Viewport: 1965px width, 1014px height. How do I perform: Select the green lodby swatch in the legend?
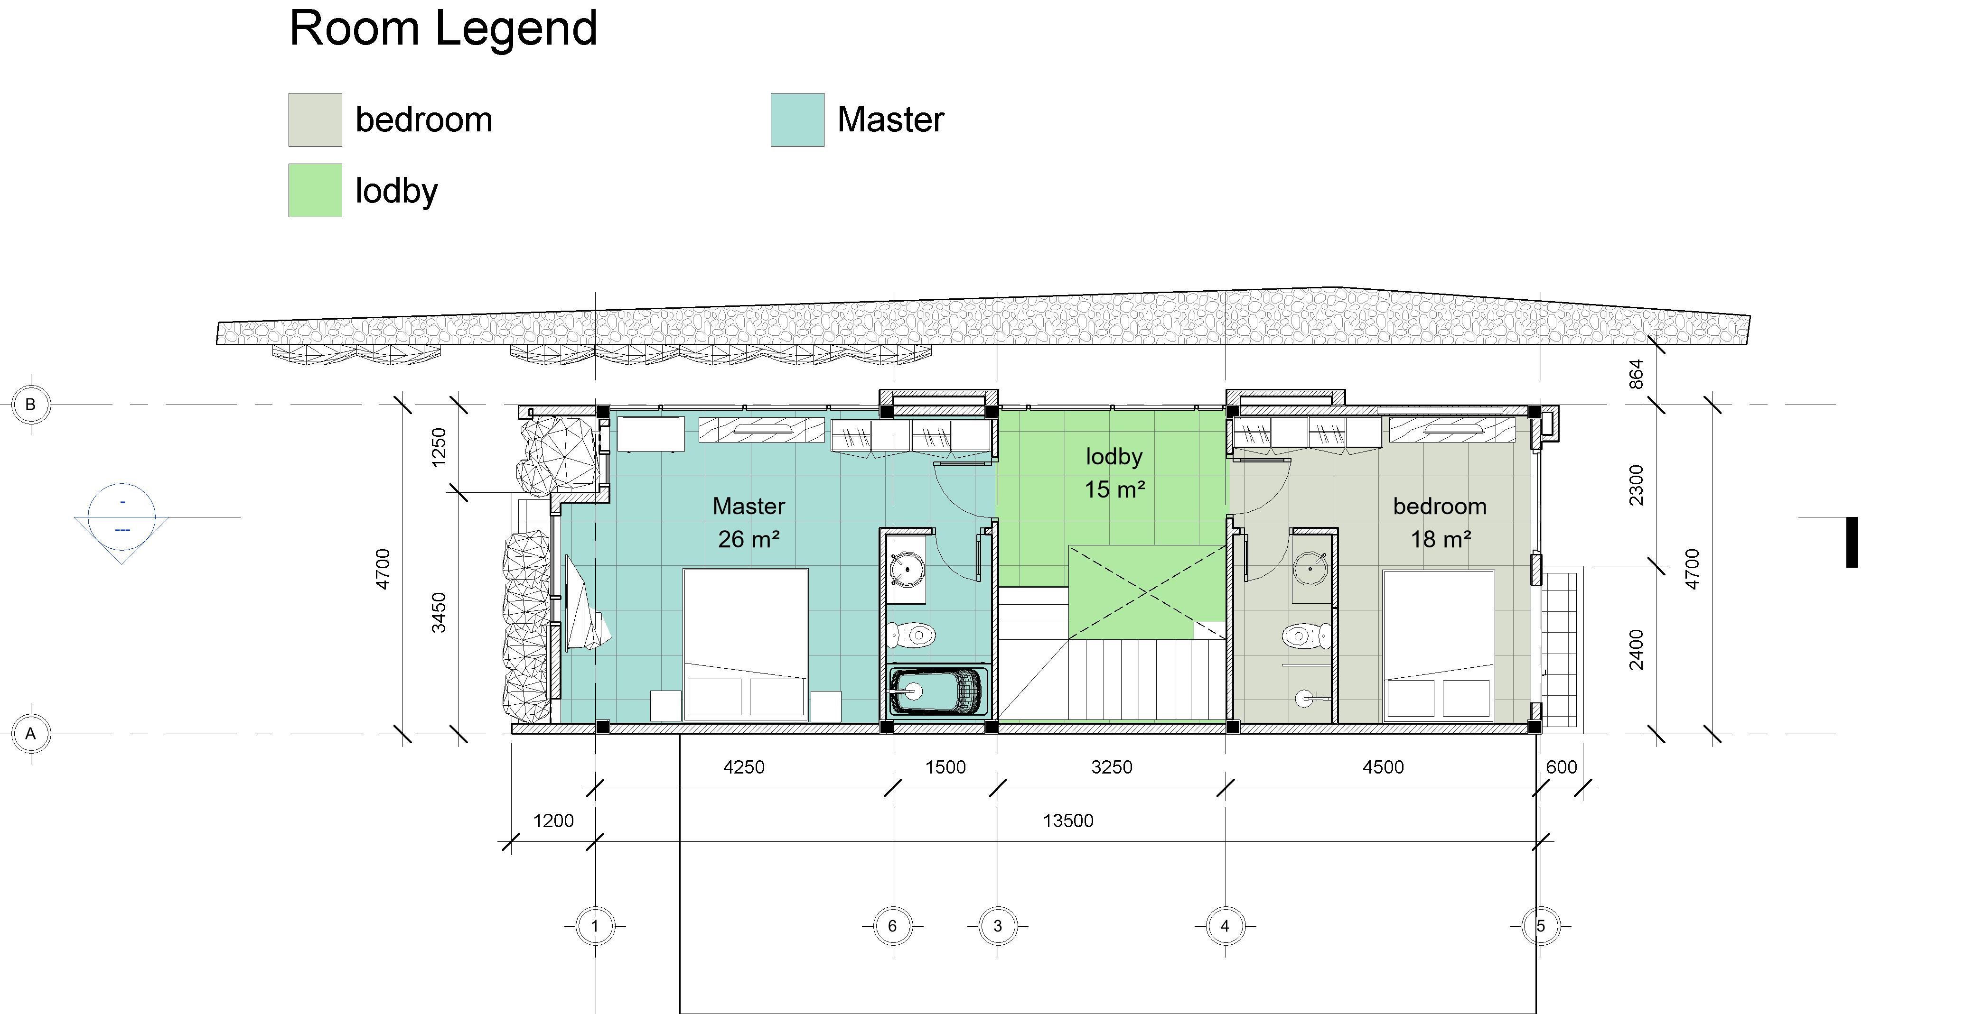point(315,190)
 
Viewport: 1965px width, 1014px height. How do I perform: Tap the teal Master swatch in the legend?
point(797,120)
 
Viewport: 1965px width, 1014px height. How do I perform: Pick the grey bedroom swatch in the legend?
point(315,120)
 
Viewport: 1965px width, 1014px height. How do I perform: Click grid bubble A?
point(30,733)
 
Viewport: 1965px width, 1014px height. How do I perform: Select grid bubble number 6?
point(892,926)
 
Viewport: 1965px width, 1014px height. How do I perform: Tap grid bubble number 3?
point(998,926)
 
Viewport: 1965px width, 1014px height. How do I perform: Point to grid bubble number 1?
point(595,926)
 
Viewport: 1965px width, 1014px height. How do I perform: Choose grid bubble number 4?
point(1225,926)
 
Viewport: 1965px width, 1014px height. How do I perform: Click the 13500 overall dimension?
point(1068,821)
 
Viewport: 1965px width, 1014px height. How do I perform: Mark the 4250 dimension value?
point(744,767)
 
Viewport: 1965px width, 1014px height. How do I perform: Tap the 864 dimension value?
point(1636,374)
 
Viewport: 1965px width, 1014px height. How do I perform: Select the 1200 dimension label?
point(553,821)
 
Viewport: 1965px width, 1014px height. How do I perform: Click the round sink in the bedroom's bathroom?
point(1310,568)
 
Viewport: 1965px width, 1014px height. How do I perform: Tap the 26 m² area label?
point(749,540)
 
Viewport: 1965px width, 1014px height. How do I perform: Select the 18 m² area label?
point(1440,540)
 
